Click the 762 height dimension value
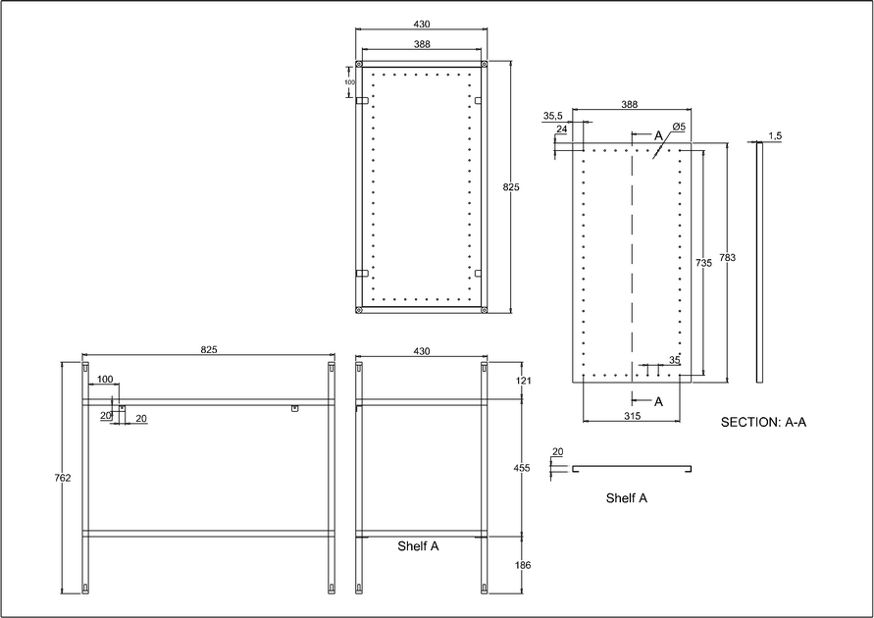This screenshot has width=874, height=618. [65, 478]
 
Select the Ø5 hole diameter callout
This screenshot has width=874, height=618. [678, 129]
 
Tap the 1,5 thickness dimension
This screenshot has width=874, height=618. [775, 135]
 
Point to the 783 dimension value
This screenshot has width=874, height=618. [727, 258]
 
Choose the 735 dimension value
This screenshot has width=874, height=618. [702, 263]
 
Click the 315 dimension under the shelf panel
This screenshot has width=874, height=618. [631, 417]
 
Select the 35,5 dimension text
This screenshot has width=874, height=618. [553, 116]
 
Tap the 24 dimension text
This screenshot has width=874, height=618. [561, 129]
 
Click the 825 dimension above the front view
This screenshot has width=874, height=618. [208, 349]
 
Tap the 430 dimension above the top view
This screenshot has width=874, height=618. [421, 25]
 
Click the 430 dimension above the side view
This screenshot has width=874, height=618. [421, 349]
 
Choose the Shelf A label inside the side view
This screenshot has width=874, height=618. [418, 546]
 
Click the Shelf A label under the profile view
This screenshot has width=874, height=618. [626, 498]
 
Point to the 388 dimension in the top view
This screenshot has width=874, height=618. [421, 44]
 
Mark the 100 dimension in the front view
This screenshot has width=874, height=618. [105, 379]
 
